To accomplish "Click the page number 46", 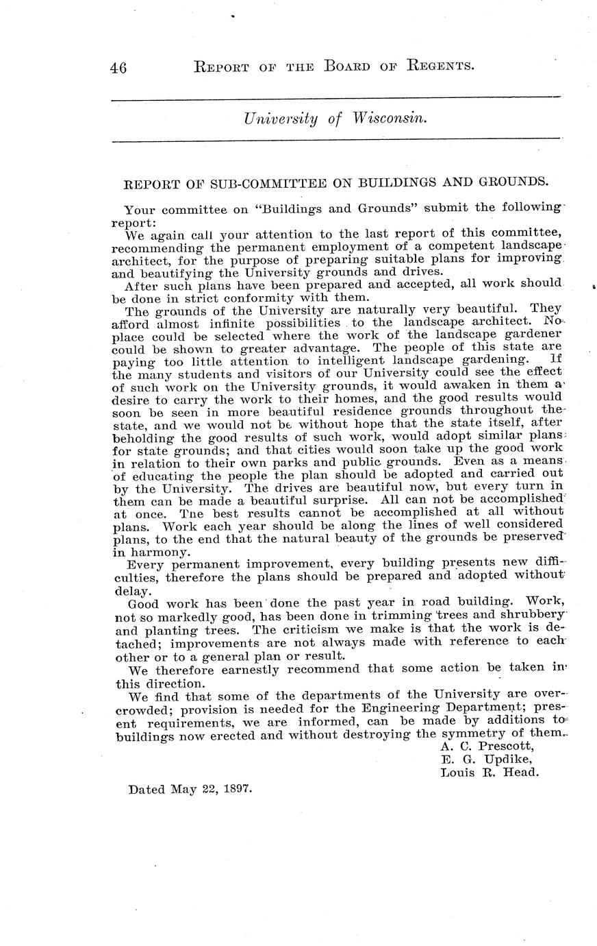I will point(118,67).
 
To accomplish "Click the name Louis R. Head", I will point(490,772).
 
